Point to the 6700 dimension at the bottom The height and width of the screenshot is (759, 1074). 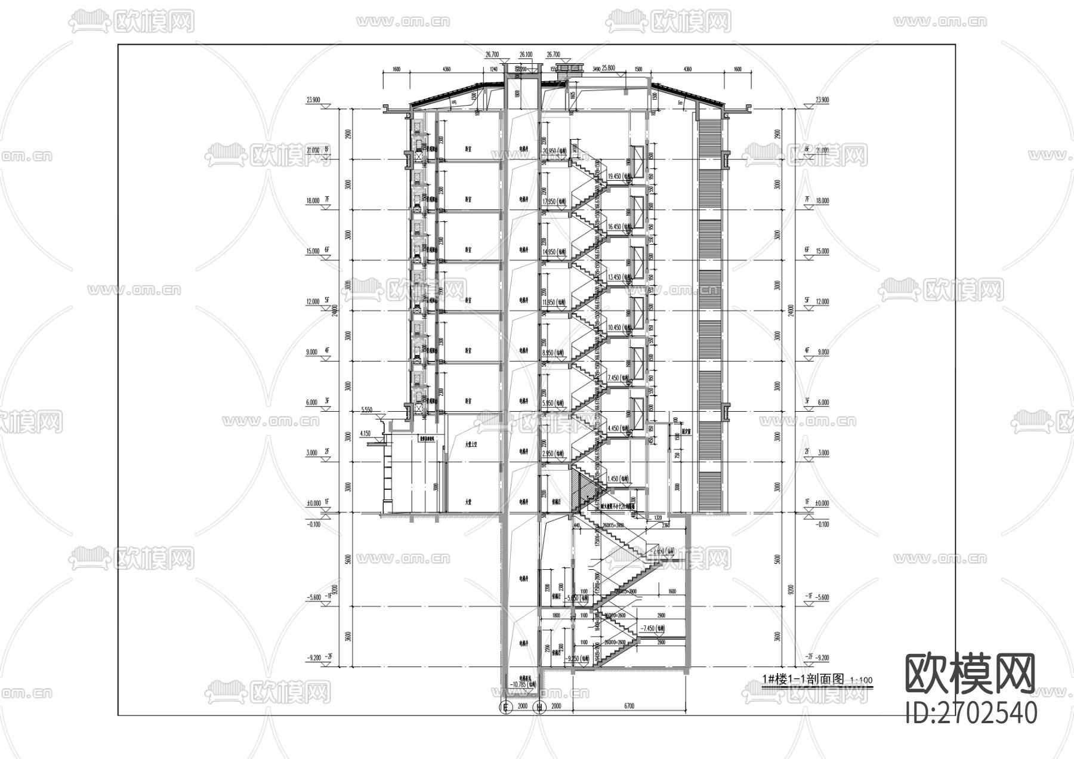pyautogui.click(x=629, y=706)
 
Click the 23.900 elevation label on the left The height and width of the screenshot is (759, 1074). pyautogui.click(x=314, y=100)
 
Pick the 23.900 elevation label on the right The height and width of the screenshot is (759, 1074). pyautogui.click(x=821, y=100)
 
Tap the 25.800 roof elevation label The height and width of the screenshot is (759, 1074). pyautogui.click(x=609, y=68)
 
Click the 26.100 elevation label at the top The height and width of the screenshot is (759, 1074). pyautogui.click(x=526, y=54)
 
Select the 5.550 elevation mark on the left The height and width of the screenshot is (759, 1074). pyautogui.click(x=367, y=410)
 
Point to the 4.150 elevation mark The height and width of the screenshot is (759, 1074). pyautogui.click(x=366, y=433)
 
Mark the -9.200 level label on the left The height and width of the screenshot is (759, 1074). pyautogui.click(x=314, y=658)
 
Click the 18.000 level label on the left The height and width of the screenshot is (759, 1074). pyautogui.click(x=313, y=201)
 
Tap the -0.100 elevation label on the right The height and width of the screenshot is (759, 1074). pyautogui.click(x=821, y=524)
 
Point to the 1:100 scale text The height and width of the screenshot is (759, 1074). pyautogui.click(x=860, y=680)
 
